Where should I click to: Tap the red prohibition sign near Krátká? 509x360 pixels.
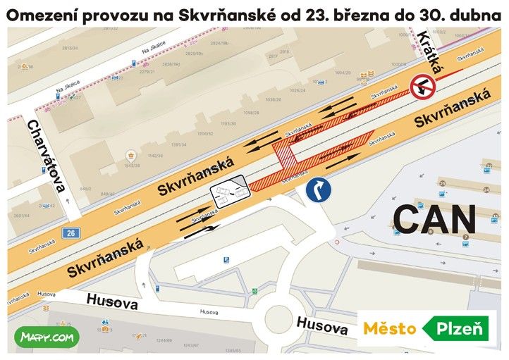point(426,87)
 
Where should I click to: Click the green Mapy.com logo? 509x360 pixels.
point(47,337)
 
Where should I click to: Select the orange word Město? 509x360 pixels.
point(390,328)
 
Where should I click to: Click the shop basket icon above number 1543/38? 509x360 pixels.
point(130,155)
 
